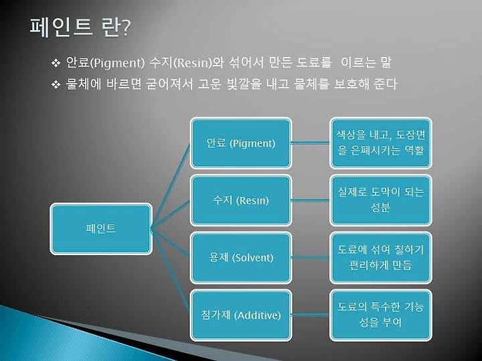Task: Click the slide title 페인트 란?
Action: pyautogui.click(x=80, y=27)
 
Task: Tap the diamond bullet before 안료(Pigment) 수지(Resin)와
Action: pyautogui.click(x=56, y=63)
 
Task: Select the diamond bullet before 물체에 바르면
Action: pyautogui.click(x=56, y=84)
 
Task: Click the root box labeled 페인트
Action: pyautogui.click(x=101, y=229)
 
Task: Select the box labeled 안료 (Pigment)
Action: pyautogui.click(x=241, y=143)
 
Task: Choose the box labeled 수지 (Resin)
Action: pyautogui.click(x=241, y=200)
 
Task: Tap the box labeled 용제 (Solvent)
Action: pyautogui.click(x=241, y=258)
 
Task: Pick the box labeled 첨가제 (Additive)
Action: pyautogui.click(x=241, y=315)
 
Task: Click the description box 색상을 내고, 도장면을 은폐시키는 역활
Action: pyautogui.click(x=381, y=143)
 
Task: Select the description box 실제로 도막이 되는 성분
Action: pyautogui.click(x=381, y=200)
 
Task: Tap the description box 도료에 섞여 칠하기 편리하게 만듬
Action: pyautogui.click(x=381, y=258)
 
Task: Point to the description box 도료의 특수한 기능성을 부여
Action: pyautogui.click(x=381, y=315)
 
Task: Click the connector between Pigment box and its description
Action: pyautogui.click(x=311, y=143)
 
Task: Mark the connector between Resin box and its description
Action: pyautogui.click(x=311, y=200)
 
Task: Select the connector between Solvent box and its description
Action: pyautogui.click(x=311, y=257)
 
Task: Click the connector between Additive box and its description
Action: pyautogui.click(x=311, y=315)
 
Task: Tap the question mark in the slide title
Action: pyautogui.click(x=126, y=28)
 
